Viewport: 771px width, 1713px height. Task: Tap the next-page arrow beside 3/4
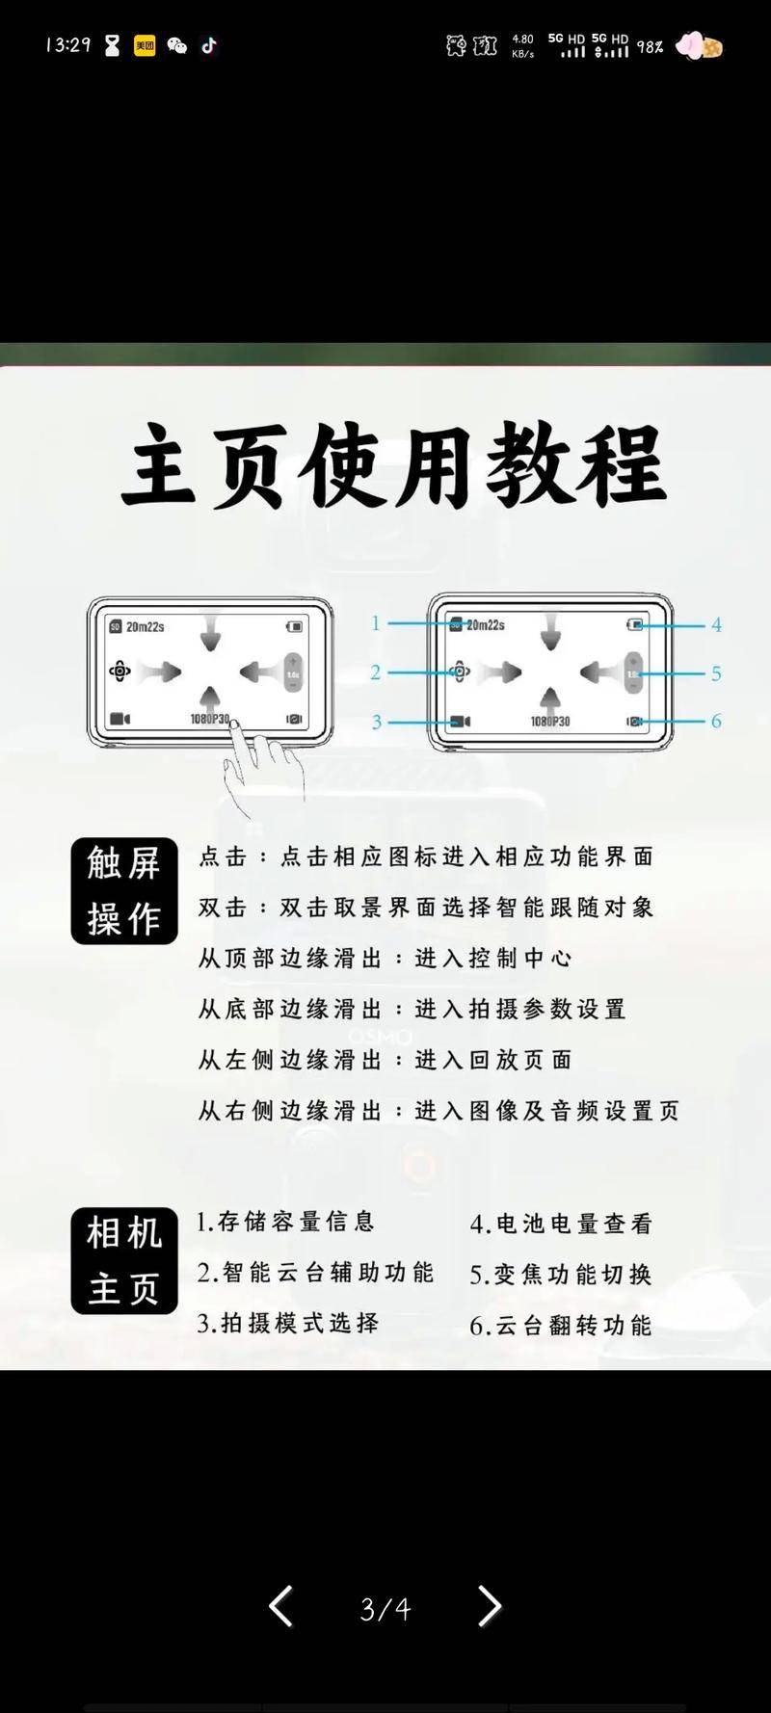point(490,1606)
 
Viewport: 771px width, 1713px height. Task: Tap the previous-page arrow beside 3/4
point(280,1606)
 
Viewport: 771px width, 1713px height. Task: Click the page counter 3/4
point(385,1608)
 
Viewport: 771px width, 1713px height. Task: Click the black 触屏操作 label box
point(124,890)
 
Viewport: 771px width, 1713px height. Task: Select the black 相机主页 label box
point(124,1260)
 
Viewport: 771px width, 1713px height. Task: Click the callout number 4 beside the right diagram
point(716,625)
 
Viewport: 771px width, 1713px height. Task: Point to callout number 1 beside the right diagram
point(376,623)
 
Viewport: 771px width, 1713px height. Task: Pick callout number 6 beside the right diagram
point(716,721)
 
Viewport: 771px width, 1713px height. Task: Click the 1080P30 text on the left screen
point(210,719)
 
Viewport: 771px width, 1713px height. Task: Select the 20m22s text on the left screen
point(145,627)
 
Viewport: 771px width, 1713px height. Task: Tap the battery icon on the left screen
point(294,627)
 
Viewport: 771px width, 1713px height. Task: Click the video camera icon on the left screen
point(120,719)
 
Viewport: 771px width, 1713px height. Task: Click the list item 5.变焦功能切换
point(561,1275)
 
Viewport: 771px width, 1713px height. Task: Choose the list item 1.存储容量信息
point(285,1222)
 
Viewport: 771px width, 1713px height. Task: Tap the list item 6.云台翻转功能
point(561,1326)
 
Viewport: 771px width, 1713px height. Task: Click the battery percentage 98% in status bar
point(650,46)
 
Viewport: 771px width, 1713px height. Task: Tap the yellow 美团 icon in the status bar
point(145,45)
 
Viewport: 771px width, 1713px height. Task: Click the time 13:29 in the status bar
point(67,45)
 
